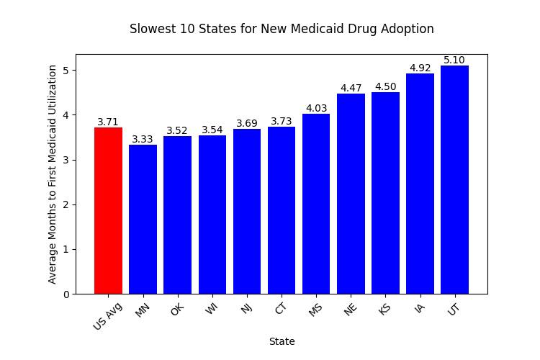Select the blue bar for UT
454,179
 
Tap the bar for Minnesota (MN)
143,219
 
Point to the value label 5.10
454,60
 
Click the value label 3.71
108,122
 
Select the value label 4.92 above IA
420,68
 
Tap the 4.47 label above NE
351,89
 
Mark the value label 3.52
177,131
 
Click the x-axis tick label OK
176,311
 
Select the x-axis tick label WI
211,311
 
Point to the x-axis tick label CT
281,311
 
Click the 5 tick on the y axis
65,71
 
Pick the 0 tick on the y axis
65,294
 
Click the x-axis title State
282,341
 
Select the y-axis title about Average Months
53,174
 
